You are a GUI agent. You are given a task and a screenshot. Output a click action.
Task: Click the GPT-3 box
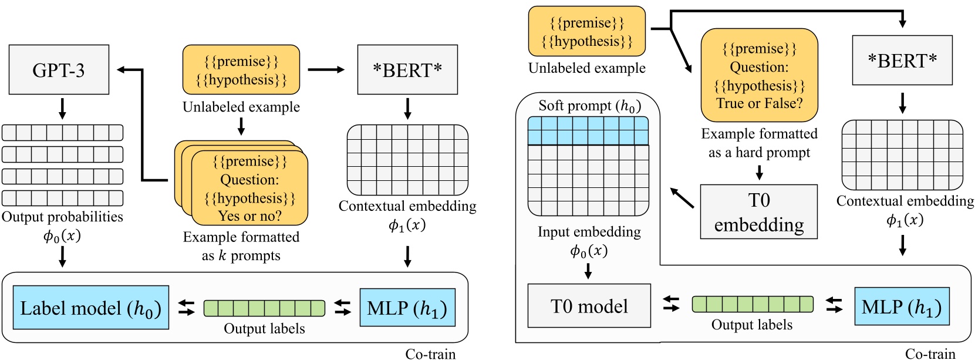coord(59,70)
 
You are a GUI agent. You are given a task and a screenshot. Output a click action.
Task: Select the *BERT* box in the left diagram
coord(407,70)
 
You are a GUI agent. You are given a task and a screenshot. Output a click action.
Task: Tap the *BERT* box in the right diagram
coord(902,60)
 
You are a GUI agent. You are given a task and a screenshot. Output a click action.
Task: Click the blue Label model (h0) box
coord(90,307)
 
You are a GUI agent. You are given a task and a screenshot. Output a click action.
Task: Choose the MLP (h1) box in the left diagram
coord(407,307)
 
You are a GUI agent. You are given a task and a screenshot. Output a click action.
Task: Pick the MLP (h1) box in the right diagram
coord(902,306)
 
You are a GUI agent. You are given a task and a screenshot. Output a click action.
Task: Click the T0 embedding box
coord(758,212)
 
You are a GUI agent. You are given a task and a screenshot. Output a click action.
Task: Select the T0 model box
coord(589,305)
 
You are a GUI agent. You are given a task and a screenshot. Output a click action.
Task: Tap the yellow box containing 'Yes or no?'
coord(250,188)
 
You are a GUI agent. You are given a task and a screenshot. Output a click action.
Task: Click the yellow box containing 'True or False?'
coord(759,75)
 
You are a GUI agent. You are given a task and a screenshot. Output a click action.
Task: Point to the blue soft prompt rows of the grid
coord(588,130)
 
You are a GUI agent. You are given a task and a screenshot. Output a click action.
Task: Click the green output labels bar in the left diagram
coord(264,308)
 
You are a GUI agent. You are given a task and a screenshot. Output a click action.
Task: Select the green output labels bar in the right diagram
coord(753,304)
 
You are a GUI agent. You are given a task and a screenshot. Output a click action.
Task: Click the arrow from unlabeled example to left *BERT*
coord(326,70)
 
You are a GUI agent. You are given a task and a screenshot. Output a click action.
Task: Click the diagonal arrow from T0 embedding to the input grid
coord(682,198)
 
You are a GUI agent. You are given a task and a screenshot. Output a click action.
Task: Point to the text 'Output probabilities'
coord(62,217)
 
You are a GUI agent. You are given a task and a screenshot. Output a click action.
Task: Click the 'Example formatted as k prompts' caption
coord(241,246)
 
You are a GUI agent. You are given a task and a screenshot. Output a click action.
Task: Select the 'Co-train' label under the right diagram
coord(930,354)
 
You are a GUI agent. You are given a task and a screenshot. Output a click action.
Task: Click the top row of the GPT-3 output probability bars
coord(62,133)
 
